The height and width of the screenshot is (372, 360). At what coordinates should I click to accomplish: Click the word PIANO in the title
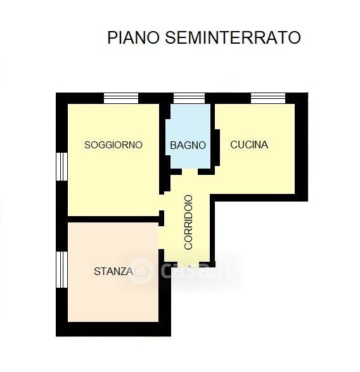(x=133, y=37)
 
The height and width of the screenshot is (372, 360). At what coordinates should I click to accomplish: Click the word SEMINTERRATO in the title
(x=233, y=37)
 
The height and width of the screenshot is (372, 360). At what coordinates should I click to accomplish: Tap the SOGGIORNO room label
(x=113, y=144)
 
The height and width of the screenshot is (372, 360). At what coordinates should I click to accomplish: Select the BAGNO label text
(x=188, y=145)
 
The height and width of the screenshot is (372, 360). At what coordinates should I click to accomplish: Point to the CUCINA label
(x=249, y=144)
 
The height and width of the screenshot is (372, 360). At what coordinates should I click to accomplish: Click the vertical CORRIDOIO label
(x=188, y=222)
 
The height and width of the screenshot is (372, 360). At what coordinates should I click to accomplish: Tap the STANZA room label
(x=113, y=271)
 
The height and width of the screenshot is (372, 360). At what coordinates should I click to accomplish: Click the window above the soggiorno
(x=121, y=98)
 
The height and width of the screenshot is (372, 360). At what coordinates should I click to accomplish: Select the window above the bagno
(x=189, y=98)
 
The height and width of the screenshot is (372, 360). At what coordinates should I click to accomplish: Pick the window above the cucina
(x=268, y=98)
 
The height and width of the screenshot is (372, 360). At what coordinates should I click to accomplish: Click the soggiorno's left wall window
(x=61, y=167)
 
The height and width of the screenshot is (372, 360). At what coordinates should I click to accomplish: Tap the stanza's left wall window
(x=61, y=269)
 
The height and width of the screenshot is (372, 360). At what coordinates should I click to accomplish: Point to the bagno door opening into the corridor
(x=190, y=172)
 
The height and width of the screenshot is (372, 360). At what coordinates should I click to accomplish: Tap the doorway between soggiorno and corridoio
(x=162, y=202)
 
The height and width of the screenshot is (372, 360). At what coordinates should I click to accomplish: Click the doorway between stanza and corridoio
(x=162, y=238)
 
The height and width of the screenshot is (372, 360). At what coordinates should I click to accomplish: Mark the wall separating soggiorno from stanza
(x=113, y=219)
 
